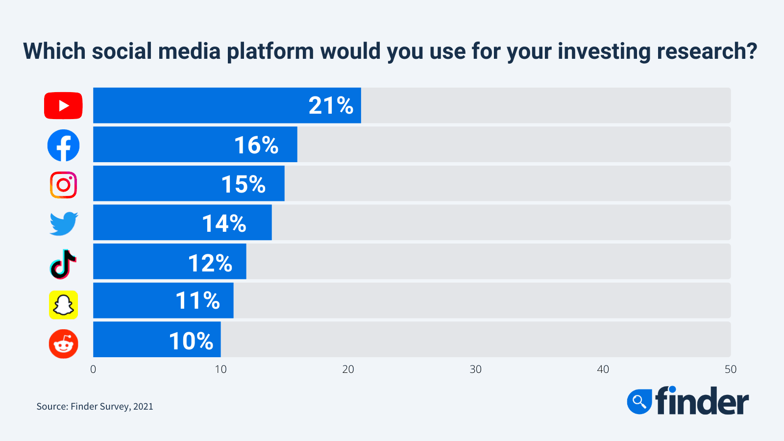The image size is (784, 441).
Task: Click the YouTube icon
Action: click(x=63, y=105)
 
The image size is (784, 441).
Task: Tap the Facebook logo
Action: click(x=63, y=146)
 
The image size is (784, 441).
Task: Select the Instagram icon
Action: click(x=63, y=185)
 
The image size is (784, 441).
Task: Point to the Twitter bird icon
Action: click(x=64, y=223)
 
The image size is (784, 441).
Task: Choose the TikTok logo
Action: click(x=63, y=264)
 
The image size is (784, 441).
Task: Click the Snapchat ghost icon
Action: click(x=63, y=305)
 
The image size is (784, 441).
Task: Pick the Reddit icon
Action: click(x=63, y=344)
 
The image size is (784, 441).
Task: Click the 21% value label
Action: click(x=331, y=105)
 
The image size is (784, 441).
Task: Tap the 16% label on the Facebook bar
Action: click(x=256, y=145)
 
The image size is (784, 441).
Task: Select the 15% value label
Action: click(x=243, y=184)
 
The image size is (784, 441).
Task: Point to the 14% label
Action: click(x=224, y=223)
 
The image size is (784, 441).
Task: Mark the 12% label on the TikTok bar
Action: click(x=210, y=263)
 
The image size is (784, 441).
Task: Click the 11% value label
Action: click(x=197, y=300)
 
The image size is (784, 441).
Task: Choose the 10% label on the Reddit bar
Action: click(x=191, y=341)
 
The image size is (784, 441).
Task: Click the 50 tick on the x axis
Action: click(x=731, y=369)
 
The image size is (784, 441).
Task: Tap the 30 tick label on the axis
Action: click(x=475, y=369)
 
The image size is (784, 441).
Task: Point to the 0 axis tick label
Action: click(x=93, y=369)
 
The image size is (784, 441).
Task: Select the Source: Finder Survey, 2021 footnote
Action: click(x=95, y=406)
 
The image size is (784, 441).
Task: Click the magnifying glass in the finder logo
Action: click(x=639, y=402)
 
